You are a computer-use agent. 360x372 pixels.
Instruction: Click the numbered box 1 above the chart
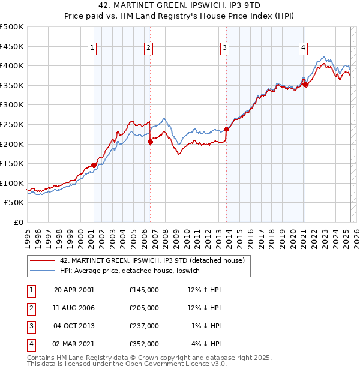pos(93,49)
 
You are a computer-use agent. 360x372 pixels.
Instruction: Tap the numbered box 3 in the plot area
pos(224,49)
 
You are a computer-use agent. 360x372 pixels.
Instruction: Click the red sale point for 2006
pos(150,142)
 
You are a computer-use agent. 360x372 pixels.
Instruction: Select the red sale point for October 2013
pos(227,129)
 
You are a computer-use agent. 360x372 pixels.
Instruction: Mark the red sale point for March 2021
pos(305,85)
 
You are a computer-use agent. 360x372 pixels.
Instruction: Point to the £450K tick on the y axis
pos(12,46)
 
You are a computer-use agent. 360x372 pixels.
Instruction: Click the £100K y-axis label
pos(12,183)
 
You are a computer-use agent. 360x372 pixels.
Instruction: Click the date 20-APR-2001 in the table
pos(74,289)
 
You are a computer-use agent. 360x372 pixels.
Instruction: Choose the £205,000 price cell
pos(144,308)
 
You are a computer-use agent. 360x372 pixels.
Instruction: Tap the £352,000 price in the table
pos(144,344)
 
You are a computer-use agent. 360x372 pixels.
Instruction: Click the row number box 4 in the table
pos(29,344)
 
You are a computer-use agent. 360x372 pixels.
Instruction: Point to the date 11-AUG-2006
pos(74,308)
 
